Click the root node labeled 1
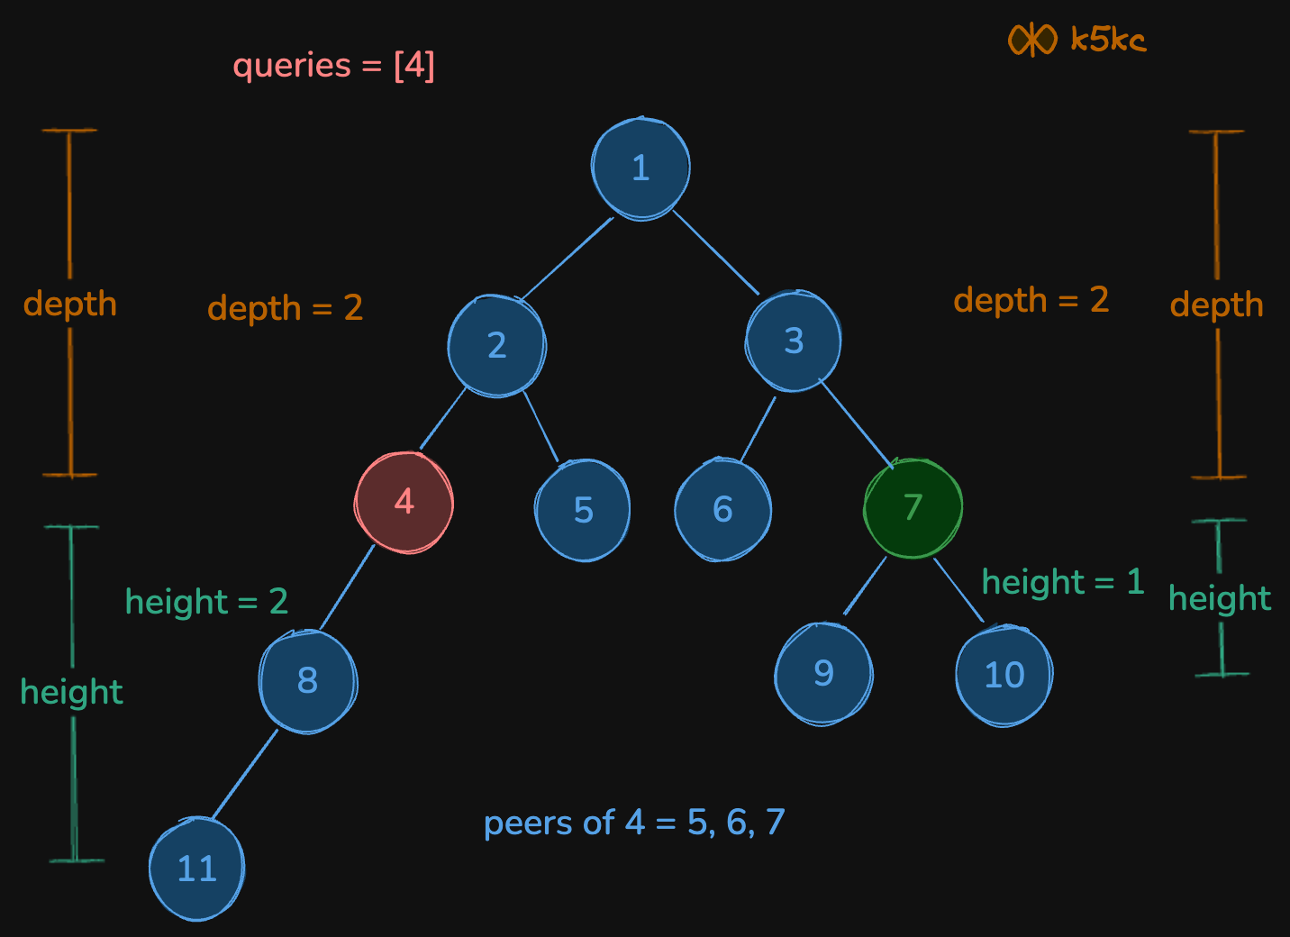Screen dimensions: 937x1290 click(640, 168)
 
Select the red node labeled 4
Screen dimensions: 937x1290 click(404, 503)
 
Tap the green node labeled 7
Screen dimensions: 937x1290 click(913, 508)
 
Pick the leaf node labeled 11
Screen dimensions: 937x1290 click(196, 869)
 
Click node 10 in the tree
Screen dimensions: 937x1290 click(1004, 675)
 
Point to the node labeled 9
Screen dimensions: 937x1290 click(823, 674)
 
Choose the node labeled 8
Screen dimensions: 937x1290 click(307, 680)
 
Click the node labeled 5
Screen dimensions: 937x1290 click(583, 510)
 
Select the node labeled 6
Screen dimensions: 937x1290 click(722, 509)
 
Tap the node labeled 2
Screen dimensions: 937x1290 click(496, 345)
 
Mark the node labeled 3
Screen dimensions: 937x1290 click(793, 341)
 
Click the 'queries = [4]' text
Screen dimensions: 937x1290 click(333, 66)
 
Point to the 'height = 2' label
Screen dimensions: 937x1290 click(206, 602)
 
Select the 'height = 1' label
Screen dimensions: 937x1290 click(1062, 582)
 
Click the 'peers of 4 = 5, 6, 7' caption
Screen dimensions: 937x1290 click(634, 823)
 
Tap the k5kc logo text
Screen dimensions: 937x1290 click(1108, 40)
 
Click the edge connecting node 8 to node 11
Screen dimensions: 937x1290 click(244, 775)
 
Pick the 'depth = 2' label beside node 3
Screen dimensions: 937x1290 click(1031, 300)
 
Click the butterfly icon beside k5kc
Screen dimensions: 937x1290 click(1031, 40)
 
